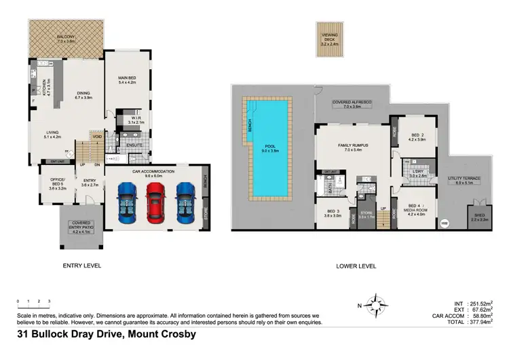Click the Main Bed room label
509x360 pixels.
pyautogui.click(x=128, y=81)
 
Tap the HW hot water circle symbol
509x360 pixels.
pyautogui.click(x=445, y=223)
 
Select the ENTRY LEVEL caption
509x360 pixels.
pyautogui.click(x=81, y=266)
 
